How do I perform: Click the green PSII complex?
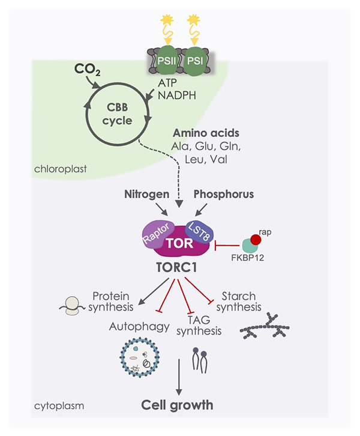[166, 61]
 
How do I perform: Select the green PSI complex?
[195, 61]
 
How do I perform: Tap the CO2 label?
[87, 70]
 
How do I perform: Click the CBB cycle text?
[117, 114]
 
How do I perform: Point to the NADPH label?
[177, 95]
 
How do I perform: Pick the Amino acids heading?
[206, 133]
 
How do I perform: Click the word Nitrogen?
[146, 195]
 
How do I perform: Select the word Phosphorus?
[224, 194]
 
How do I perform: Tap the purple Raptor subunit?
[157, 235]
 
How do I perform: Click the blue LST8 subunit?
[199, 232]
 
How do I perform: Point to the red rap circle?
[256, 240]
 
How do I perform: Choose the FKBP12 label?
[247, 258]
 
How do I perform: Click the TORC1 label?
[176, 267]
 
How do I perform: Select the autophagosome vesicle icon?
[140, 357]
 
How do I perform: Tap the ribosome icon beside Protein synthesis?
[71, 306]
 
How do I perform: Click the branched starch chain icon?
[265, 325]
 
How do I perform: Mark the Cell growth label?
[177, 405]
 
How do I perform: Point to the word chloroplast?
[61, 169]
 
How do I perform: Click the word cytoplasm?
[59, 406]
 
